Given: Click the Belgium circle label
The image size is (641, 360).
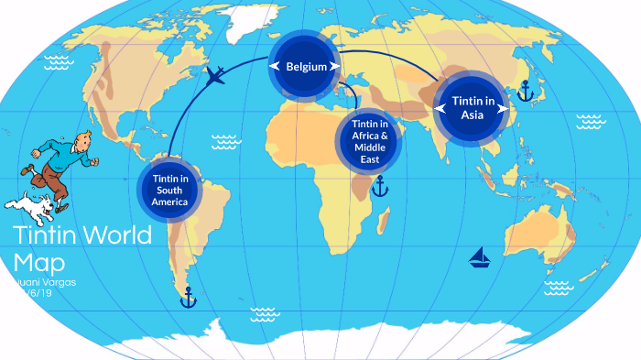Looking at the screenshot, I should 305,66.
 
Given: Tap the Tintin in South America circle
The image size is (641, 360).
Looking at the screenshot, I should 168,190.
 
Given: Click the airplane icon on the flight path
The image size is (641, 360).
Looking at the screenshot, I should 217,75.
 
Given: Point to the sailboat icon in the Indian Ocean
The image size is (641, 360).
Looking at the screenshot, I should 479,257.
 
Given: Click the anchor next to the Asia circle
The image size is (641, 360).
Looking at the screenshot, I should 525,90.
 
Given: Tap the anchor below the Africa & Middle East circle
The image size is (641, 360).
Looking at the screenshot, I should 378,188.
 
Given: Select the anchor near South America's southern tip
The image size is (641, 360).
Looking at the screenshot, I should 188,297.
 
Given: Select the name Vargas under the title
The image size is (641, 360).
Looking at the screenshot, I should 54,281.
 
